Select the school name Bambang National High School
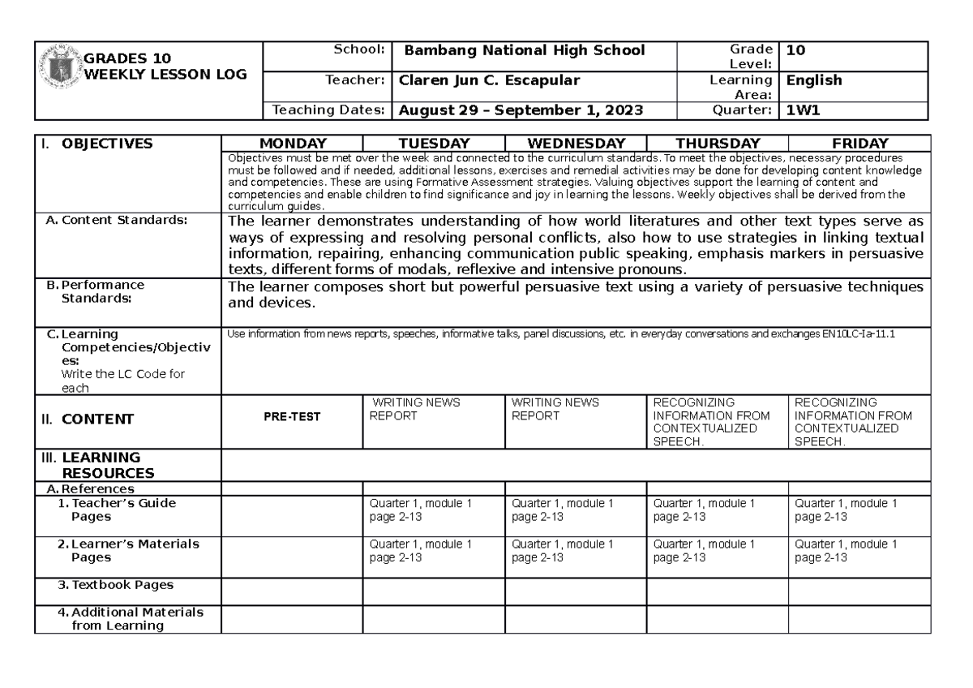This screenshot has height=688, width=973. pyautogui.click(x=525, y=50)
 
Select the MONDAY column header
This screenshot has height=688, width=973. pyautogui.click(x=293, y=144)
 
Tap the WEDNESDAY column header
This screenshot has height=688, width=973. pyautogui.click(x=576, y=144)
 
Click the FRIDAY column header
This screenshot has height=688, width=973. pyautogui.click(x=859, y=144)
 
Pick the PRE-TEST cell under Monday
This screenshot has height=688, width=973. pyautogui.click(x=292, y=417)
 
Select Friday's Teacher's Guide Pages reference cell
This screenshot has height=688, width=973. pyautogui.click(x=846, y=510)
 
